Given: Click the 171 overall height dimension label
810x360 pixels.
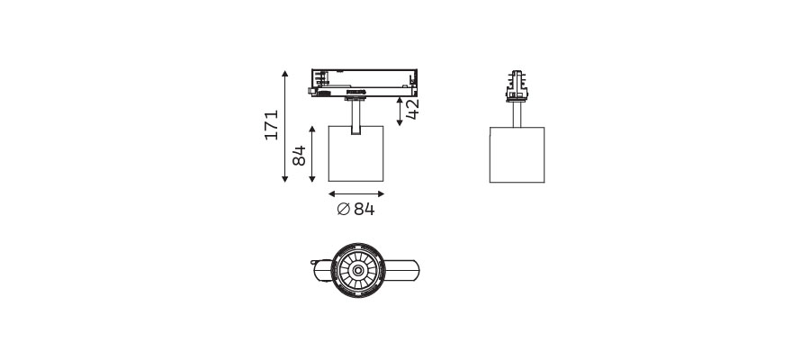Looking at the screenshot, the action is pos(272,124).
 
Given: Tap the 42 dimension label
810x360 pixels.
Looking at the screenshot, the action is pos(412,109).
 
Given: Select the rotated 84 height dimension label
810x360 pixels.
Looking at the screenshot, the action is pos(299,156).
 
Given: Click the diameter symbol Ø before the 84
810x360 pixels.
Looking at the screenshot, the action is pos(344,209).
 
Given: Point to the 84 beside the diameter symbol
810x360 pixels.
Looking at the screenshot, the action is pos(364,209).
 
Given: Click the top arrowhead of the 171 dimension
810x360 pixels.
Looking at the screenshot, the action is pos(284,73).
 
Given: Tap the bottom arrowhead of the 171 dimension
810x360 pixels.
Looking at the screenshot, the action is pos(284,179).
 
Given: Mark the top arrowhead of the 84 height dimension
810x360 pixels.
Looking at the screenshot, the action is pos(312,129).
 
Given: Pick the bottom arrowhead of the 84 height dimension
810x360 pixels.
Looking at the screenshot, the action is pos(312,179).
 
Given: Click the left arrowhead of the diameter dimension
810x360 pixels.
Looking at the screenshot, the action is pos(331,194).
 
